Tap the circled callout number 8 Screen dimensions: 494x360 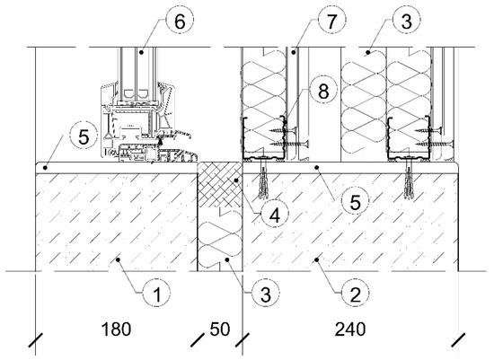(x=323, y=91)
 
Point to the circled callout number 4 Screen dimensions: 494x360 (x=275, y=215)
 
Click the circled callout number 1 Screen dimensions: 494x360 (x=156, y=294)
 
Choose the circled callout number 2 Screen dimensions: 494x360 (x=355, y=294)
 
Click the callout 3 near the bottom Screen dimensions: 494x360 (x=266, y=294)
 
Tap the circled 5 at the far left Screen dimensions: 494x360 (x=84, y=137)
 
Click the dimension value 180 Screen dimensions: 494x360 (x=116, y=329)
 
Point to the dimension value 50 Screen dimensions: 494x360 (x=220, y=329)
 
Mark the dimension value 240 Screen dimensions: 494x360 (x=350, y=329)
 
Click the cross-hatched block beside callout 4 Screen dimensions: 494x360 (x=219, y=184)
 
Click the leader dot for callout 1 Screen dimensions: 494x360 (x=119, y=259)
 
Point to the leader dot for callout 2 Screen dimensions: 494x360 (x=317, y=259)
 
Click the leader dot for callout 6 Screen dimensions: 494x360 (x=142, y=52)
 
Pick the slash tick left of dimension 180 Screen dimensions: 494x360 (x=36, y=340)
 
